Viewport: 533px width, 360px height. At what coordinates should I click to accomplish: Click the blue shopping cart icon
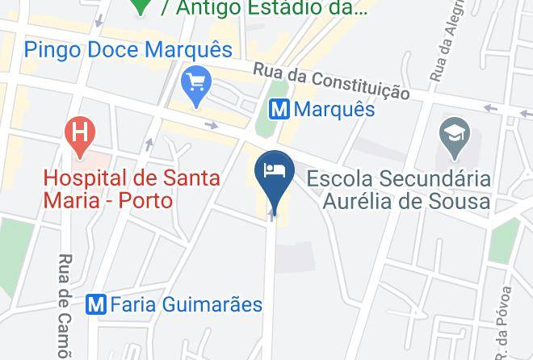pos(196,83)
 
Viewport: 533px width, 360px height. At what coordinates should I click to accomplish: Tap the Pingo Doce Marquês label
pos(128,49)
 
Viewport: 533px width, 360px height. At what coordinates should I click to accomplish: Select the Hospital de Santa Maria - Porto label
pos(132,188)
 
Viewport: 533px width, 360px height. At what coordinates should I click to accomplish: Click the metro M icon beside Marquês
pos(279,108)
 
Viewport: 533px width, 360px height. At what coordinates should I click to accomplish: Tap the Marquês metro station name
pos(334,108)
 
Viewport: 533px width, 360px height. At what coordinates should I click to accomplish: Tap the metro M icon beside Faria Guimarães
pos(97,304)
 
